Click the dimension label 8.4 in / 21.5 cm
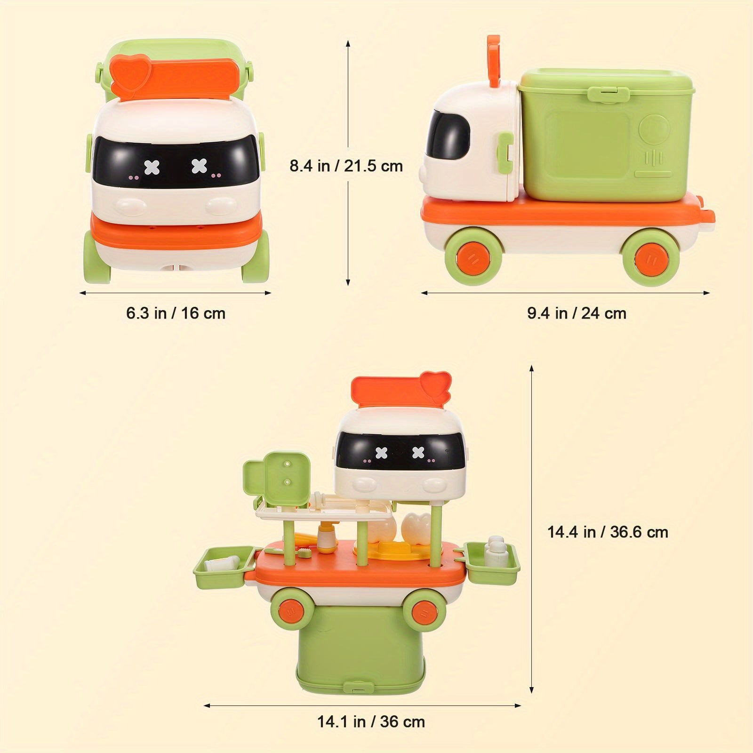pos(346,166)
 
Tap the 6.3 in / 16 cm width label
pos(176,313)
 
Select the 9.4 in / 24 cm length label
pos(577,313)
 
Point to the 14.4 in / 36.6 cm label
pos(608,532)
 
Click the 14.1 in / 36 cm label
pos(371,721)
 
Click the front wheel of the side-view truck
pos(471,256)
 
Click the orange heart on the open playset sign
pos(435,384)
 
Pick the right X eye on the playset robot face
pos(418,453)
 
